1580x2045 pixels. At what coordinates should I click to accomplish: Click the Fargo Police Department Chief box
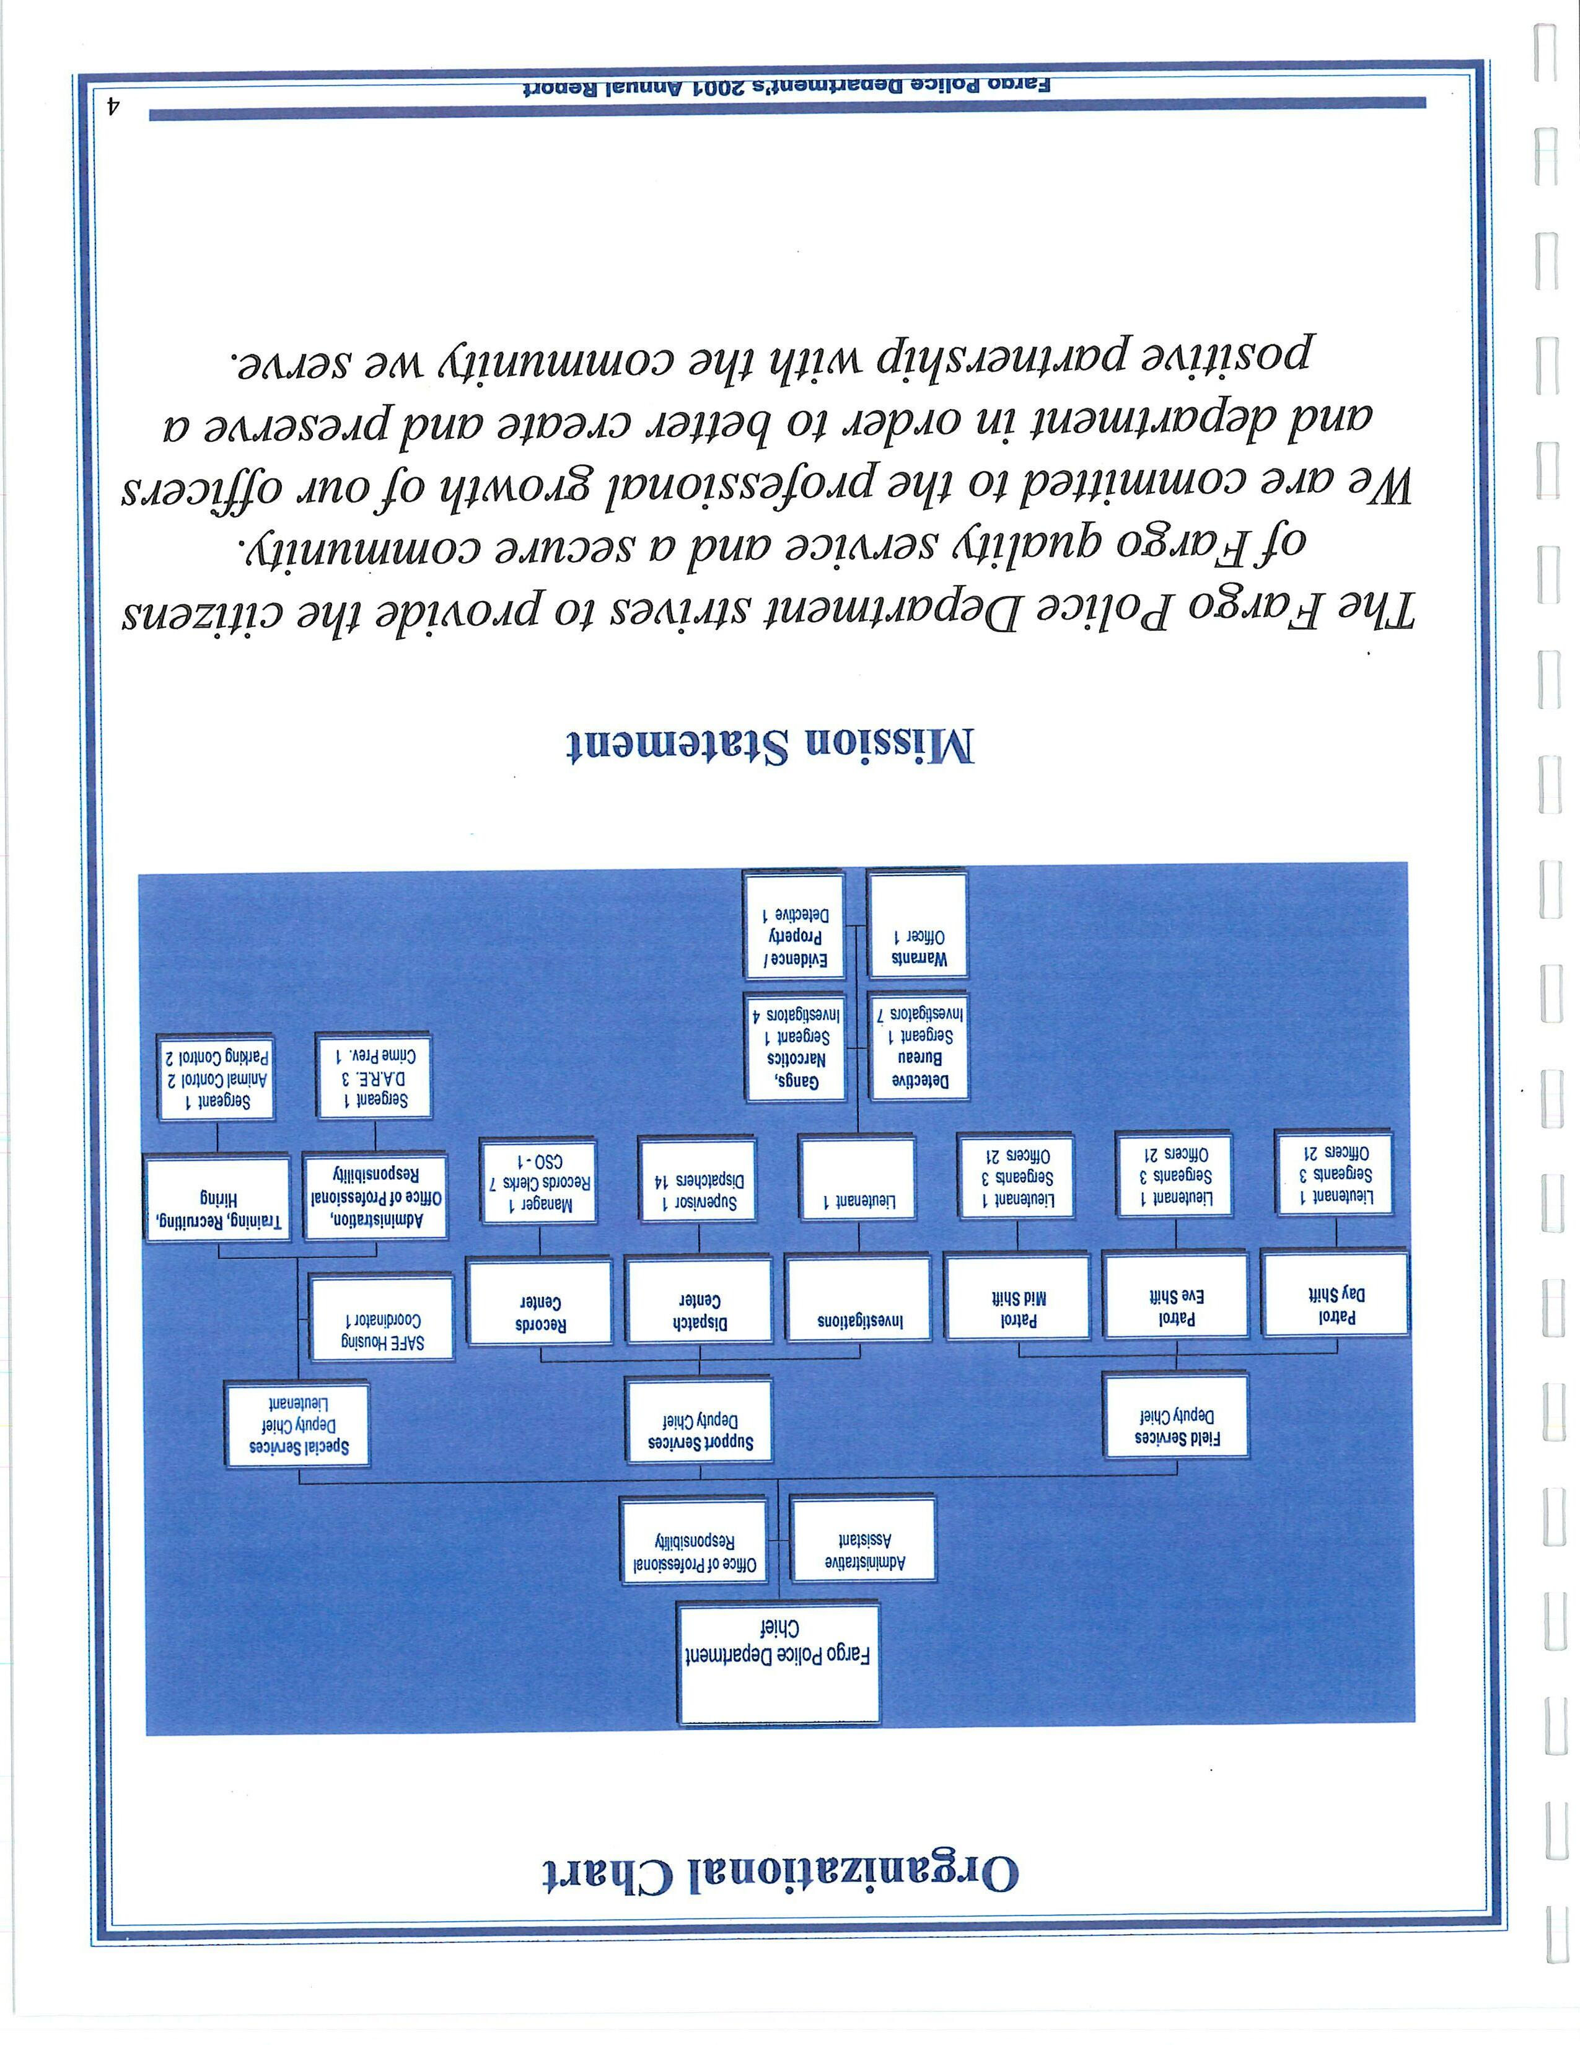tap(779, 1664)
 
